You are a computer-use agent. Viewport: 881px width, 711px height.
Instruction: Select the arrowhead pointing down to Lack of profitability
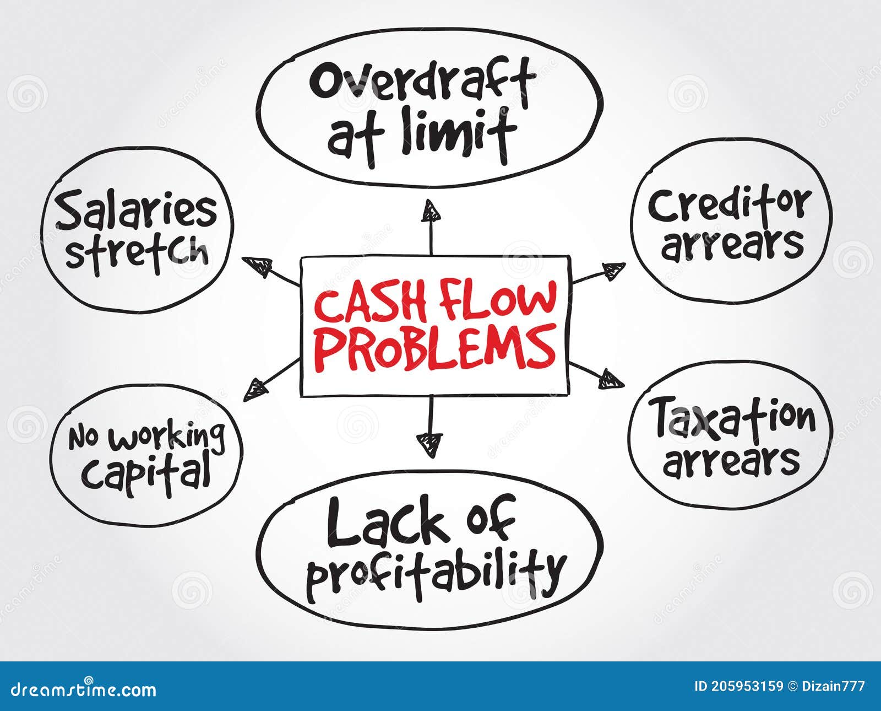point(429,444)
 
